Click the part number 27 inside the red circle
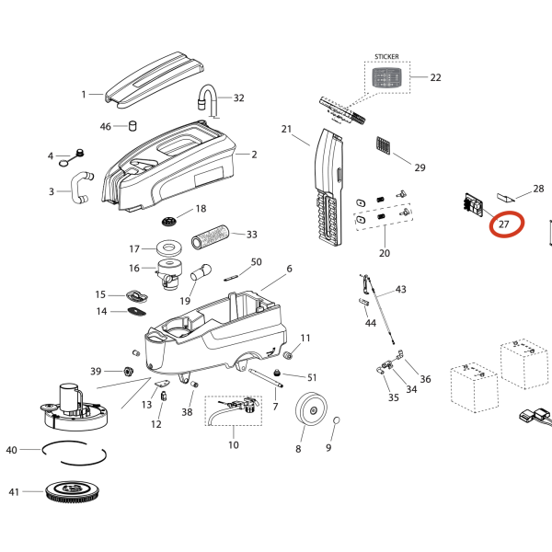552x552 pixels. point(504,224)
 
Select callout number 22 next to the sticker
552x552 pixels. point(435,77)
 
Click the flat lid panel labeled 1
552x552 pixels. point(155,77)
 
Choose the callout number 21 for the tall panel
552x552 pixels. point(286,128)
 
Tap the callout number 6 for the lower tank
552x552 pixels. point(288,269)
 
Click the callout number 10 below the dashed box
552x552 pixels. point(233,445)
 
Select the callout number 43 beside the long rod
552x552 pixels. point(400,290)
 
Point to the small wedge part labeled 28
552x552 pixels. point(507,196)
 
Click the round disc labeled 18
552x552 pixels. point(169,222)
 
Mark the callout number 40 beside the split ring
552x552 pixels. point(12,450)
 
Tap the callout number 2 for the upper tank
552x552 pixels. point(254,155)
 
